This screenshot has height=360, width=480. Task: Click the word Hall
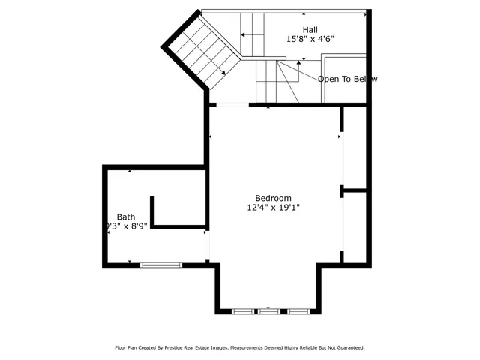[298, 29]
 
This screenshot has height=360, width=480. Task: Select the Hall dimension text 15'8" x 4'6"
[310, 39]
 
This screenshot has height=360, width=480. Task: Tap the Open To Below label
[347, 79]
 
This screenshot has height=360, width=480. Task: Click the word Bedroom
[273, 198]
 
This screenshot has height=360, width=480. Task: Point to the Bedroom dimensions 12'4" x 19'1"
[274, 208]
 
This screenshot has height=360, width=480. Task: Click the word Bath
[126, 217]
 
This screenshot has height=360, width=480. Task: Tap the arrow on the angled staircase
[224, 72]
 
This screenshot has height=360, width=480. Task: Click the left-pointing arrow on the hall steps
[243, 33]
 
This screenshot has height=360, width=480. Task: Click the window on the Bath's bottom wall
[161, 264]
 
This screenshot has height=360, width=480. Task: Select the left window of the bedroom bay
[242, 310]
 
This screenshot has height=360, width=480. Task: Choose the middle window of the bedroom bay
[268, 310]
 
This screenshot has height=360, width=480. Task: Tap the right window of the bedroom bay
[298, 310]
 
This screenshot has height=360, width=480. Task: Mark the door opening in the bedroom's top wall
[232, 105]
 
